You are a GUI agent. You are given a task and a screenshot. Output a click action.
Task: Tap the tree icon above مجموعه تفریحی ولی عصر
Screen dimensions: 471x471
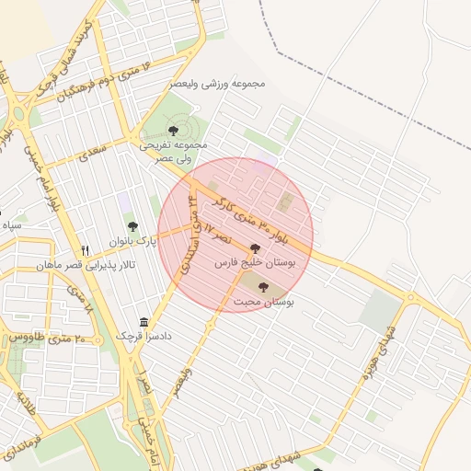coord(174,131)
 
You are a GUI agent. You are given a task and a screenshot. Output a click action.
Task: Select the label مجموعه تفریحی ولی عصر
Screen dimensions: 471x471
coord(174,152)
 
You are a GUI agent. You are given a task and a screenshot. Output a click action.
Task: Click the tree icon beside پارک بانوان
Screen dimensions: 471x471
coord(132,225)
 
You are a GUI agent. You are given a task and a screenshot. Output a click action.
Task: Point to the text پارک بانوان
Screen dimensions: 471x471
coord(133,241)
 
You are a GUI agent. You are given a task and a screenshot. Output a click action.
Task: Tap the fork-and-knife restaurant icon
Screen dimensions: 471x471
coord(86,250)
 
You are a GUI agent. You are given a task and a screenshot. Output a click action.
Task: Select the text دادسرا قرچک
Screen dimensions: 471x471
coord(143,337)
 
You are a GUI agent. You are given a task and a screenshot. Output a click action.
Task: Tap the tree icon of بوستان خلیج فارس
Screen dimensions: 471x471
coord(255,248)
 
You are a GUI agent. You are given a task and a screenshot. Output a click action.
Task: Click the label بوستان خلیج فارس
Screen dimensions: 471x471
coord(255,263)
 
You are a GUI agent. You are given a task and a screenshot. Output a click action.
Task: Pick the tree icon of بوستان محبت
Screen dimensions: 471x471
coord(264,287)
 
